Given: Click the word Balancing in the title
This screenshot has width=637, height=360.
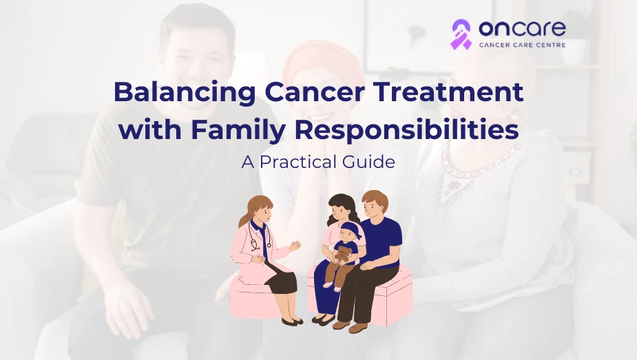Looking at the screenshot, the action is (x=185, y=93).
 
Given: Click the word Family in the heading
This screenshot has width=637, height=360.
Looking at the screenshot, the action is (x=237, y=131).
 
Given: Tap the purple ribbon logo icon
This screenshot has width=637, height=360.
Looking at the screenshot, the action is (x=461, y=34).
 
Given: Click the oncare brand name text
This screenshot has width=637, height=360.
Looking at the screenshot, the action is (x=522, y=28).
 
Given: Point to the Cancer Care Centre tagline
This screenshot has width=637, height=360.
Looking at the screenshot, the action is (x=522, y=45).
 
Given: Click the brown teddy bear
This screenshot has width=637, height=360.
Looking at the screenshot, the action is (x=343, y=254).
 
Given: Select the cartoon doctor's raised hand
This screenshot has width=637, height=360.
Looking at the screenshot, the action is (x=295, y=246).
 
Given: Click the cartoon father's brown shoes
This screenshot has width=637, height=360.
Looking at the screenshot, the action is (x=350, y=326).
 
